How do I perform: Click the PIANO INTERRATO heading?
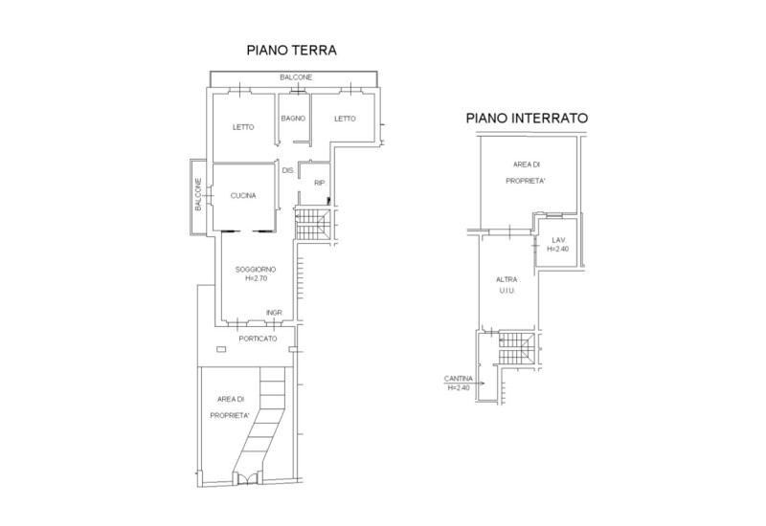(x=527, y=119)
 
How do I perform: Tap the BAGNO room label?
(x=293, y=119)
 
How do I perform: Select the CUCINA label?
(x=243, y=196)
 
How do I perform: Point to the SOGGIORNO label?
(x=256, y=270)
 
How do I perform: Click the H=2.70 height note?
(x=256, y=279)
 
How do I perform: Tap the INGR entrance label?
(x=274, y=313)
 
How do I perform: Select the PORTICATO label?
(x=258, y=339)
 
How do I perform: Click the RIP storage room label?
(x=320, y=183)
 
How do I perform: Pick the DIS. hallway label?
(x=287, y=170)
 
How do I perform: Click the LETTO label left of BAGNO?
(x=242, y=127)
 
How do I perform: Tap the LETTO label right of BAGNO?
(x=345, y=119)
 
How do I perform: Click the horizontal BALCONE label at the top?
(x=296, y=77)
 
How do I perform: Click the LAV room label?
(x=557, y=240)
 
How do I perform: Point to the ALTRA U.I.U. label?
(x=507, y=285)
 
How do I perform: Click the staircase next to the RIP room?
(x=311, y=225)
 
